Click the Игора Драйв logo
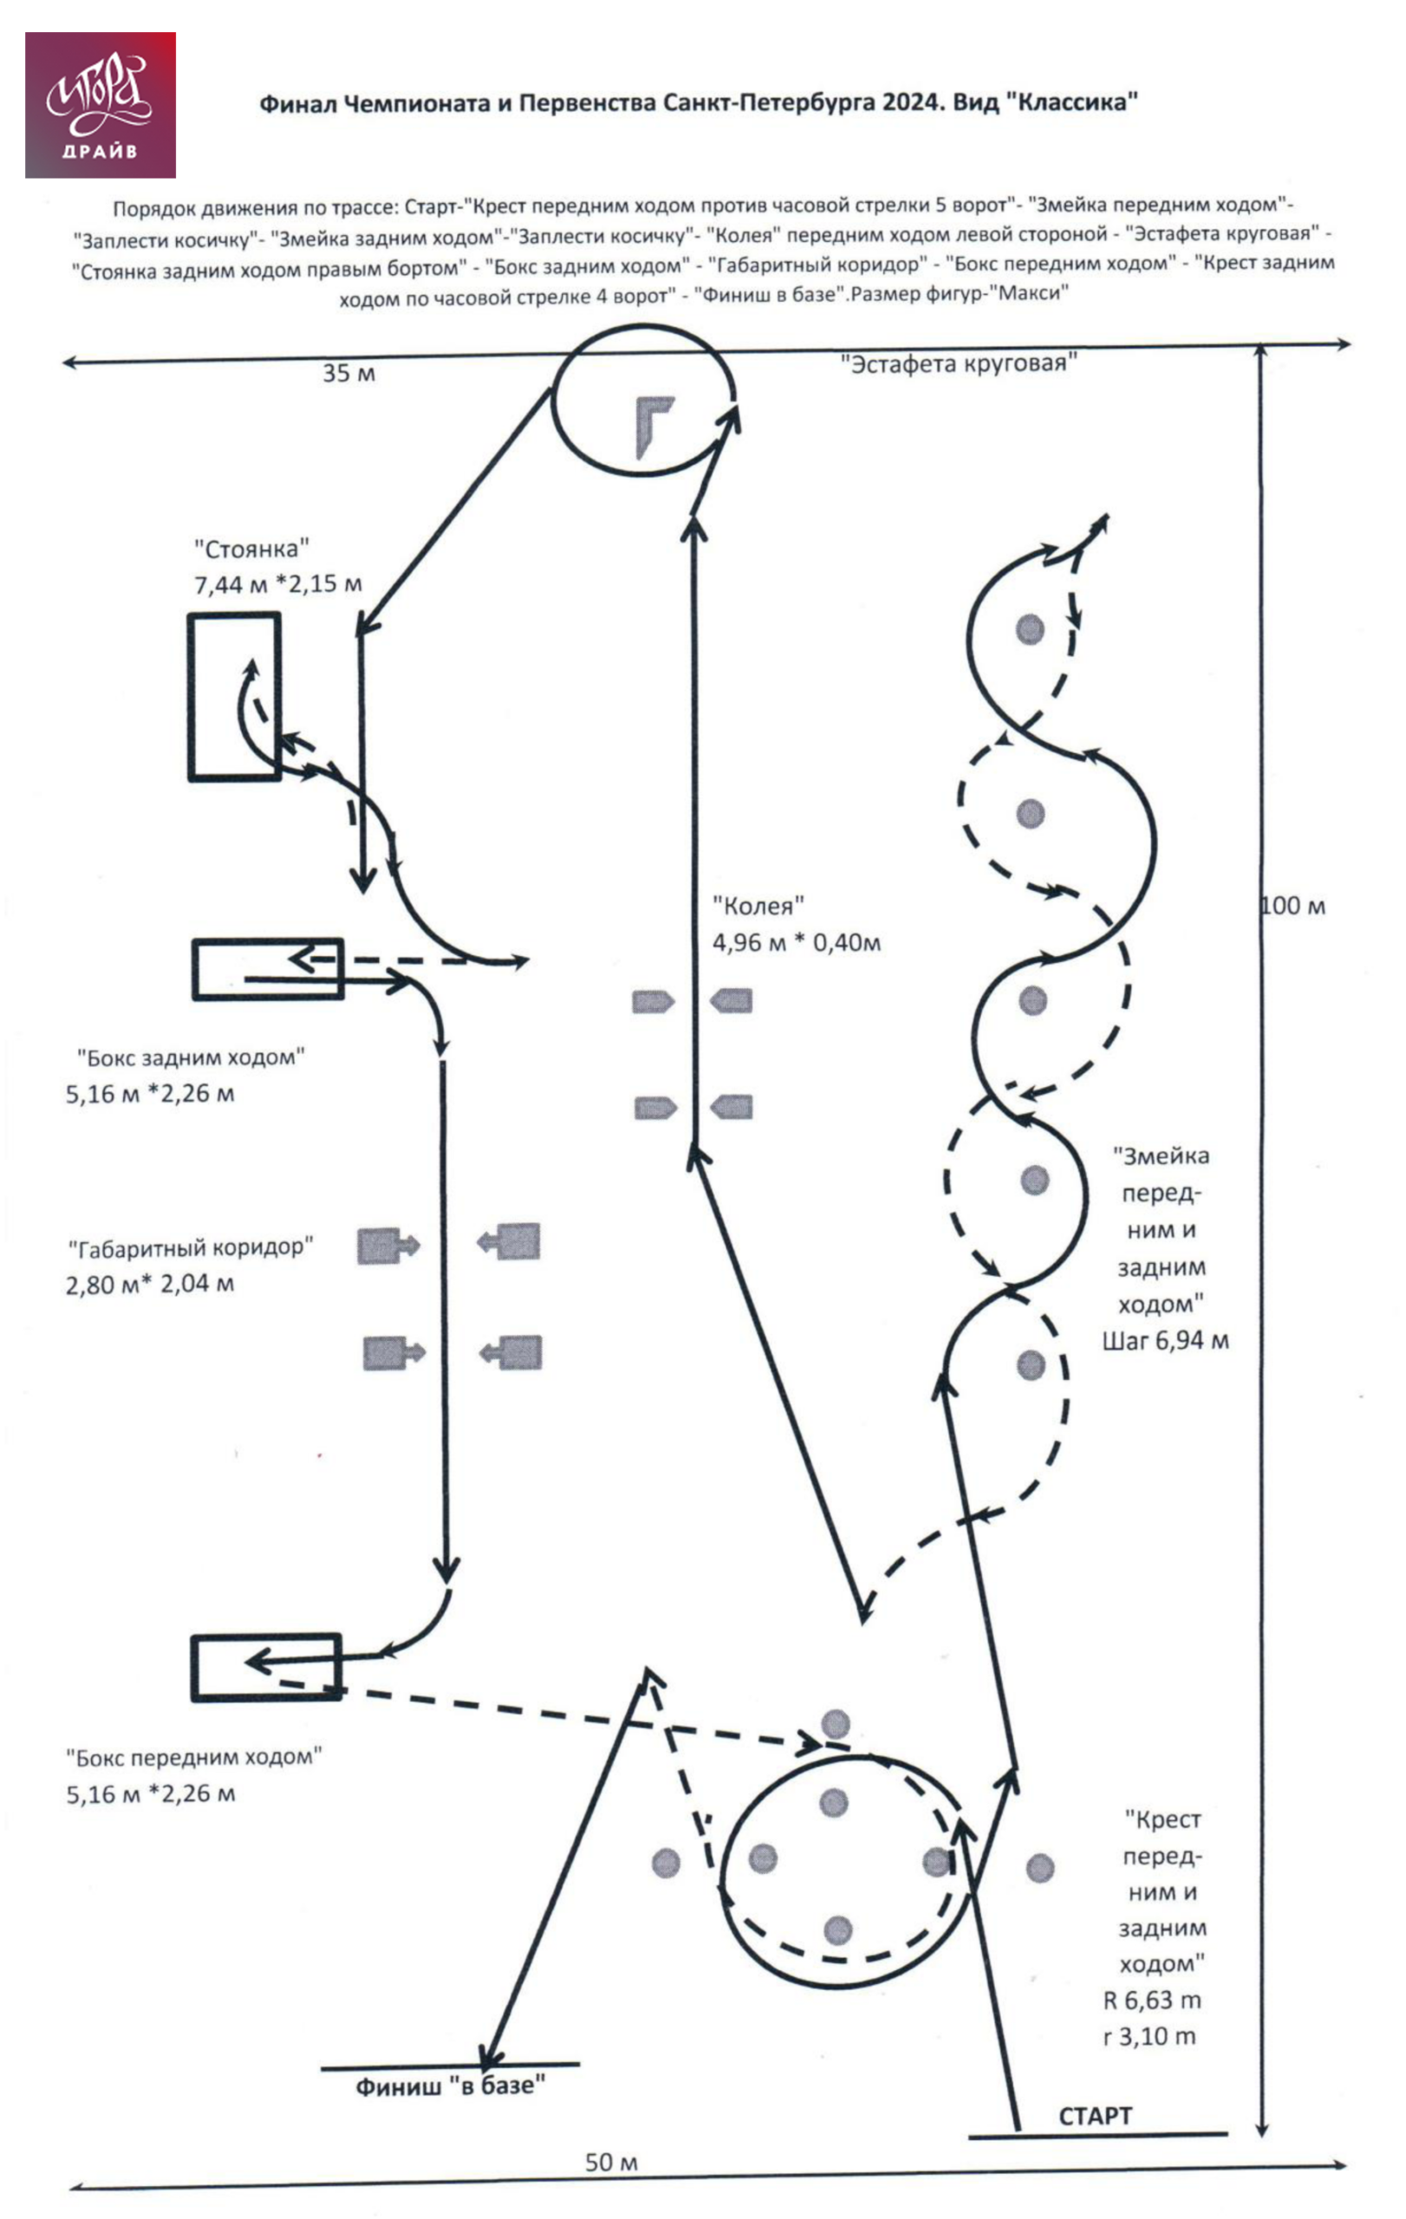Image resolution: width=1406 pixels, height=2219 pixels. click(x=101, y=105)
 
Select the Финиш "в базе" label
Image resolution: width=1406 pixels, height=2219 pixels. click(x=451, y=2086)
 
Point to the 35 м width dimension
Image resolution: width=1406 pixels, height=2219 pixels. click(x=348, y=374)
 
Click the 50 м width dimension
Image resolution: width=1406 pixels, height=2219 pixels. click(x=611, y=2162)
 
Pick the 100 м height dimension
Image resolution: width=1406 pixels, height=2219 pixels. click(x=1292, y=906)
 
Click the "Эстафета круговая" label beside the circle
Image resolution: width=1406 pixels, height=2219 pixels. click(x=958, y=363)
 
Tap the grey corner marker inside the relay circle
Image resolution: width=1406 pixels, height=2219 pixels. click(x=654, y=427)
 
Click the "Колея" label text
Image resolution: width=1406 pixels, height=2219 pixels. click(x=758, y=907)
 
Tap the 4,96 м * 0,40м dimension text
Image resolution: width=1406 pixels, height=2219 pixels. click(x=796, y=943)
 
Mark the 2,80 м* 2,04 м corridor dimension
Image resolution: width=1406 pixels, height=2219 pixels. click(x=149, y=1284)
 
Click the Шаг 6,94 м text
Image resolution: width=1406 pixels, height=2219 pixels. click(x=1166, y=1341)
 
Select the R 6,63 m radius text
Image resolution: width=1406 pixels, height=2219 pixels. click(x=1152, y=2001)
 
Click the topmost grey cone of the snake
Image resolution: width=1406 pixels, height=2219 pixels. click(x=1029, y=629)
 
